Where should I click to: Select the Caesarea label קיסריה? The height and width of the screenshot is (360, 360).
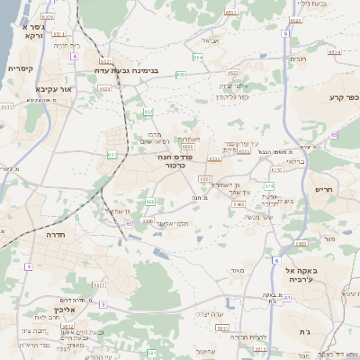pos(21,68)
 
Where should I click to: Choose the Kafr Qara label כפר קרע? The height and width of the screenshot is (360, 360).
pos(342,97)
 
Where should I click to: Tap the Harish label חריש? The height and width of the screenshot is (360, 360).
pos(324,190)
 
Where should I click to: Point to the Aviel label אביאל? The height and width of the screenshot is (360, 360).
pos(210,40)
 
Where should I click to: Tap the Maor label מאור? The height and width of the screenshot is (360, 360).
pos(237,270)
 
